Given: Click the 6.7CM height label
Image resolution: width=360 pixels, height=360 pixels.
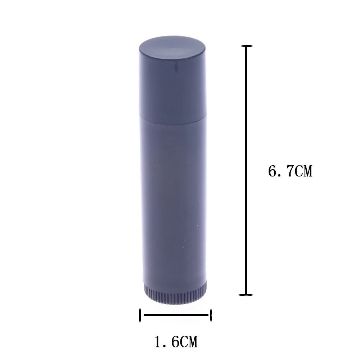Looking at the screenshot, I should click(x=290, y=171).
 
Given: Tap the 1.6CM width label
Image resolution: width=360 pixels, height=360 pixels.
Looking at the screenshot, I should click(x=176, y=341).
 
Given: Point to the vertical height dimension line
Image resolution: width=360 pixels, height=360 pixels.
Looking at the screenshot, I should click(x=246, y=169).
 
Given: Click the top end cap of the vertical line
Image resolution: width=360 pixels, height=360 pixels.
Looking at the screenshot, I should click(x=246, y=46).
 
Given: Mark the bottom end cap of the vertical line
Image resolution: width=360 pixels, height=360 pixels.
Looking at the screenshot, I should click(x=246, y=294).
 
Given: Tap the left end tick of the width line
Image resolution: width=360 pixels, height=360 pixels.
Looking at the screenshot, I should click(x=140, y=315).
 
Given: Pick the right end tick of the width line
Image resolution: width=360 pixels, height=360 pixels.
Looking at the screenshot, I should click(x=211, y=315).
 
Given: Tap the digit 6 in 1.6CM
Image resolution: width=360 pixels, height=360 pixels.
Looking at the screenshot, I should click(x=174, y=341).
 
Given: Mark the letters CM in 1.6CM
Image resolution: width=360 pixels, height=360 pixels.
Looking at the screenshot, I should click(x=189, y=341).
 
